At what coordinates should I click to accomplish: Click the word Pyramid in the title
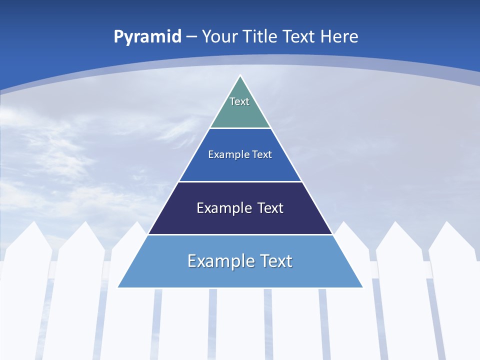coord(147,36)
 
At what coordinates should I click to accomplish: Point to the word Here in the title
coord(339,36)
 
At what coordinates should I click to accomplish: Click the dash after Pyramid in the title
coord(191,37)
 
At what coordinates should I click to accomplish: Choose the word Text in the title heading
coord(299,36)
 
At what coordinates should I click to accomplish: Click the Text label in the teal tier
coord(239,101)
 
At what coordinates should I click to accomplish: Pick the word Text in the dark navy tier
coord(270,208)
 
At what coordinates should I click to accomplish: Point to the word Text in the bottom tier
coord(275,261)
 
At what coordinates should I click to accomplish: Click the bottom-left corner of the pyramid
coord(118,287)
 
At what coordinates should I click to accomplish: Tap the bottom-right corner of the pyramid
coord(363,287)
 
